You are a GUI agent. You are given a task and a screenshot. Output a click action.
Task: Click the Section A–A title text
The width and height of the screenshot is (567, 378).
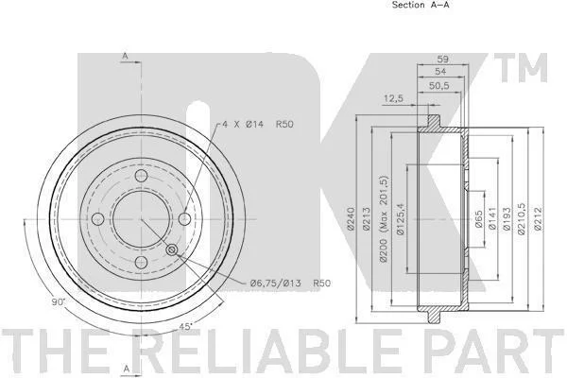421,5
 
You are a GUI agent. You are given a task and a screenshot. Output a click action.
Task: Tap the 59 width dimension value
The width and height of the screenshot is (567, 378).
443,59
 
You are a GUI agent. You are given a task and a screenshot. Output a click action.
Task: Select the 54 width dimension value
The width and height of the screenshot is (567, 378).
440,72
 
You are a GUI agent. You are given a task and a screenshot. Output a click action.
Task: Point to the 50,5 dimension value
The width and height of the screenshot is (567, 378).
439,86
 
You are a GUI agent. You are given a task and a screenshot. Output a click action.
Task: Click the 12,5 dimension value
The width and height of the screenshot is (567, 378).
393,98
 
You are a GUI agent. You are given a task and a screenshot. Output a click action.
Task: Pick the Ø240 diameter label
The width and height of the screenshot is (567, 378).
351,218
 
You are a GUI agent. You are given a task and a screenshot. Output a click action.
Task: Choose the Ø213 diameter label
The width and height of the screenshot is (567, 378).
367,218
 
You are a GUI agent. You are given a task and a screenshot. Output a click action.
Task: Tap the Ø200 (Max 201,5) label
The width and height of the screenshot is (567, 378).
384,219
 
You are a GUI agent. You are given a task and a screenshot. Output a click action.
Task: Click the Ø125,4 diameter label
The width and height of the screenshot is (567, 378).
400,219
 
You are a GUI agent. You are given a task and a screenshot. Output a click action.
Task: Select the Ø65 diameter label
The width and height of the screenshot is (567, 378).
478,219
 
